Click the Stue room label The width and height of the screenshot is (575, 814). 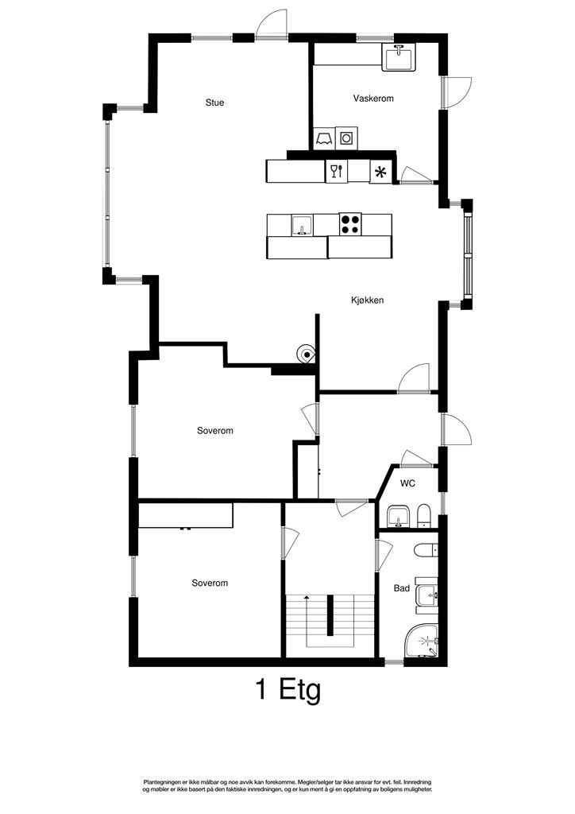click(214, 103)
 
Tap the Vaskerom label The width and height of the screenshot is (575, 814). click(373, 99)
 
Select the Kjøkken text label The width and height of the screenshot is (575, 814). click(368, 300)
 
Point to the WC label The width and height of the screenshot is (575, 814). click(407, 483)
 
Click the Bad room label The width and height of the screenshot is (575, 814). click(402, 589)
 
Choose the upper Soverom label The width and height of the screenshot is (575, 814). click(215, 431)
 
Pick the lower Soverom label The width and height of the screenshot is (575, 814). click(210, 583)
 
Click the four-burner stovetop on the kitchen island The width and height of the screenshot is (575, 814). click(350, 224)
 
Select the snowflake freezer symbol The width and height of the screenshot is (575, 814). click(381, 172)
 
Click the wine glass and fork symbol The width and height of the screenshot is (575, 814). click(337, 171)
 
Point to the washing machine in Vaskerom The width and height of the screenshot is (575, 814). click(346, 138)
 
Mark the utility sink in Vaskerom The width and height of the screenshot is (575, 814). click(398, 58)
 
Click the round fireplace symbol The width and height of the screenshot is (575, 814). click(306, 354)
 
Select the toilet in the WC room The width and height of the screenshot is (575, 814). click(423, 517)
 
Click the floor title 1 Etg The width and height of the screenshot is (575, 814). click(288, 689)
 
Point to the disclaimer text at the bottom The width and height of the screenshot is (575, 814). click(287, 786)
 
